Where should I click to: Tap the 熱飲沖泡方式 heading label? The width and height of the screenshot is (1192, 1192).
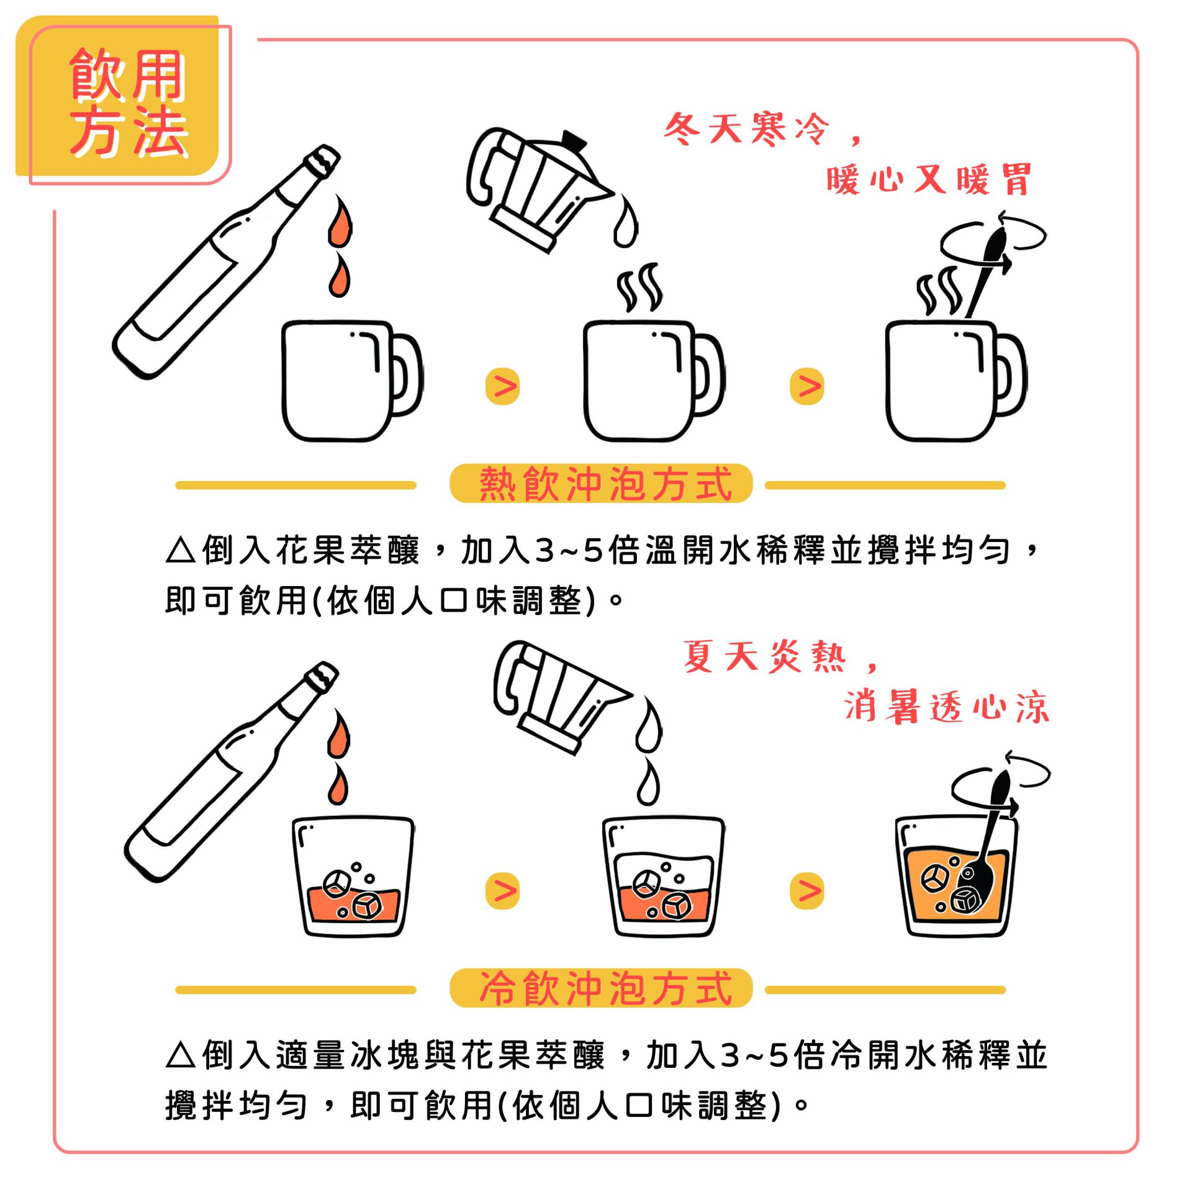pyautogui.click(x=601, y=484)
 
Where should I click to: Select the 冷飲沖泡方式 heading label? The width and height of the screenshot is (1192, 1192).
pyautogui.click(x=601, y=988)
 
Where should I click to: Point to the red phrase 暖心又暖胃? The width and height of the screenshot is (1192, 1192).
pyautogui.click(x=929, y=180)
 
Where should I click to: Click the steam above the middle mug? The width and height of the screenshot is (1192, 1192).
pyautogui.click(x=639, y=287)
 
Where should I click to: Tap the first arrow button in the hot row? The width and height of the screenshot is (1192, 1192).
pyautogui.click(x=502, y=386)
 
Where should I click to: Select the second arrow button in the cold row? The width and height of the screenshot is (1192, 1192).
pyautogui.click(x=806, y=891)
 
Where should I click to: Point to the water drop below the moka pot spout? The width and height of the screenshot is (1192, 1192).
pyautogui.click(x=625, y=220)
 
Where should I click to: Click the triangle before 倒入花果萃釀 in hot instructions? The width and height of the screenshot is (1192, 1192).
pyautogui.click(x=181, y=551)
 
